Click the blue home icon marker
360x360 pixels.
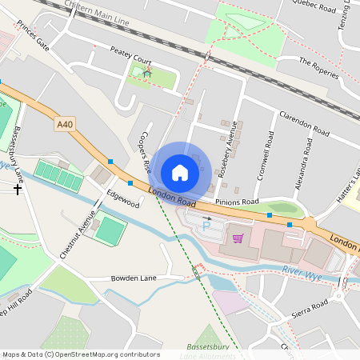coord(180,172)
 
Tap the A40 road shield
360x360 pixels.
coord(65,124)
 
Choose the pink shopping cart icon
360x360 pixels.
coord(237,238)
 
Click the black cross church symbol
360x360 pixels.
coord(18,190)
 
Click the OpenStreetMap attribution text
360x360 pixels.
coord(80,354)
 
